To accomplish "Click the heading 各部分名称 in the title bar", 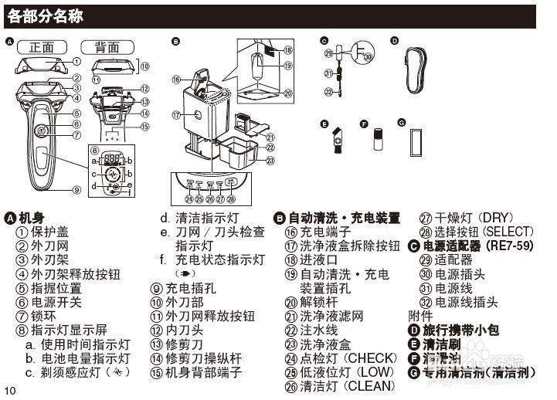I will coord(46,15).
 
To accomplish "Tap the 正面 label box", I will coord(42,47).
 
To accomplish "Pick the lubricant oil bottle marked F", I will coord(378,140).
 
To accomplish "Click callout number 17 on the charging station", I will coord(177,116).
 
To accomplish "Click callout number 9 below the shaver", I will coord(76,189).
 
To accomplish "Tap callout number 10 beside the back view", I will coord(144,66).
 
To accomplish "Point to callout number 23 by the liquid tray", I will coord(270,161).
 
